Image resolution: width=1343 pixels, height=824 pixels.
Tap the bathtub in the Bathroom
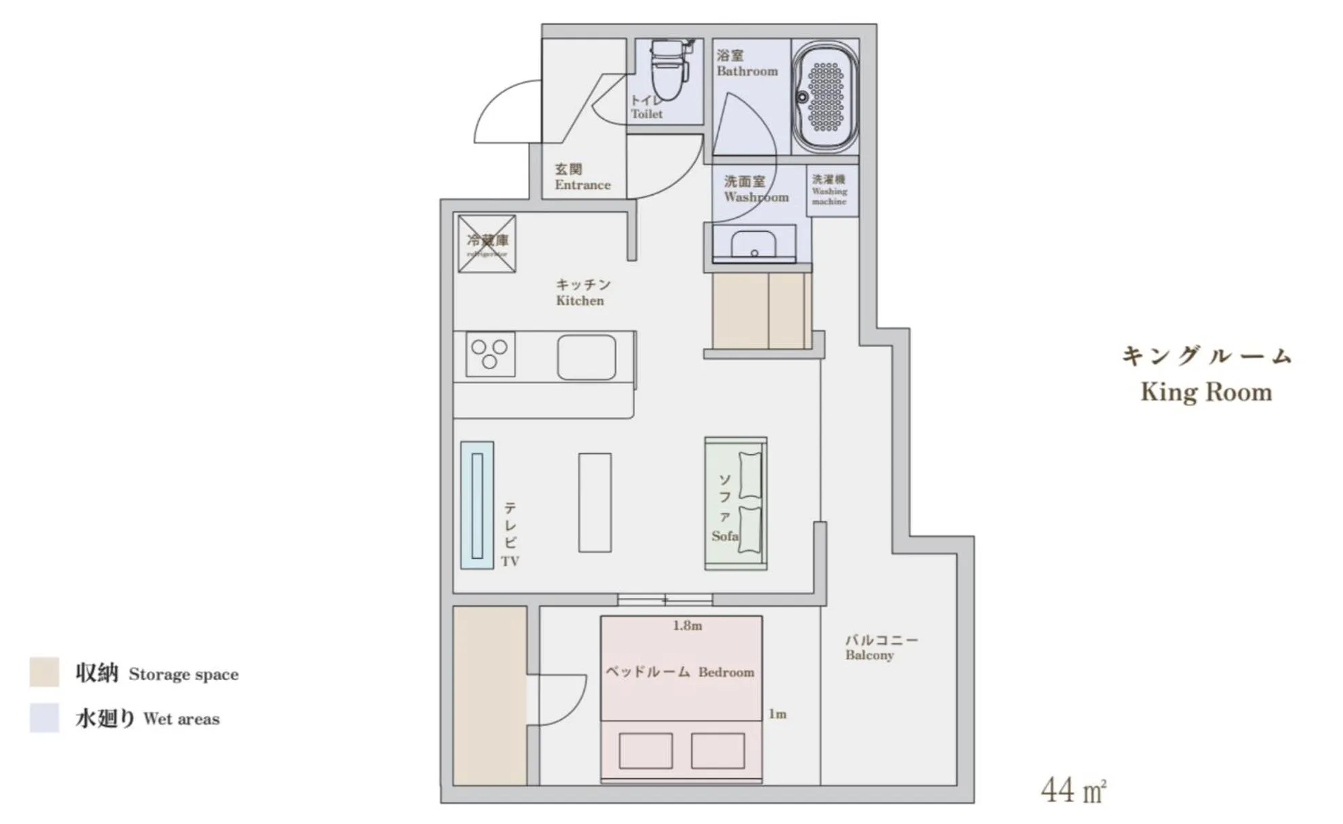825,97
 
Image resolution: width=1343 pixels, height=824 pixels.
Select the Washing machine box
832,190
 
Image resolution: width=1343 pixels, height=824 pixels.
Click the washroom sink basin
753,244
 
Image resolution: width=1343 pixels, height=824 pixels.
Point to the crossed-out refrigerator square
487,244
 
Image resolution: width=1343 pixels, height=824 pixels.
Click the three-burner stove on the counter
490,354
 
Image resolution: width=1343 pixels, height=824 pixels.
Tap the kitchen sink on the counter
587,358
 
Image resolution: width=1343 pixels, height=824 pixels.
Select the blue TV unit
477,505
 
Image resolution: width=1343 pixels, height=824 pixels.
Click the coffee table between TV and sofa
595,502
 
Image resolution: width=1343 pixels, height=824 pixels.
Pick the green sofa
735,503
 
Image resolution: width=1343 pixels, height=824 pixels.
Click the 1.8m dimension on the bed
687,625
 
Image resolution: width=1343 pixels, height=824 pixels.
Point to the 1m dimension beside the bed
778,714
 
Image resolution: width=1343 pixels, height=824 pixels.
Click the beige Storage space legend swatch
44,672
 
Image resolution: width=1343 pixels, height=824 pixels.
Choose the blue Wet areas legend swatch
44,718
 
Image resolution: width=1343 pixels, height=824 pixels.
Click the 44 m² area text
1073,790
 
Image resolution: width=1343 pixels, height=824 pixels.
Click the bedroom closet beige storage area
489,696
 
